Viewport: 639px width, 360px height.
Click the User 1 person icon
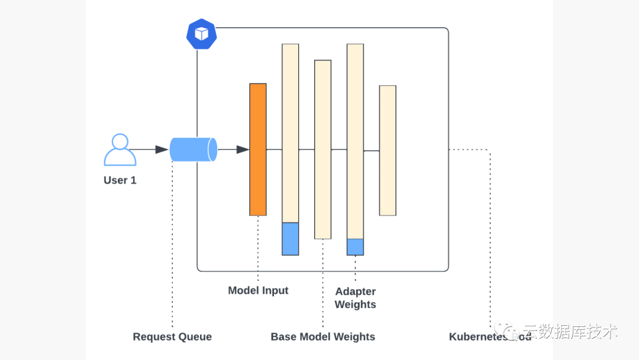pyautogui.click(x=120, y=150)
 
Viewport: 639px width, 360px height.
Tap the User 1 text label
pyautogui.click(x=120, y=180)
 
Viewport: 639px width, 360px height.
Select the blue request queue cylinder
pyautogui.click(x=193, y=149)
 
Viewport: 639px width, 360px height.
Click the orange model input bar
pyautogui.click(x=258, y=149)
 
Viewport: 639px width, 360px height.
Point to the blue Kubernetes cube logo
pyautogui.click(x=201, y=34)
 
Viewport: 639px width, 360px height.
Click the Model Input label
pyautogui.click(x=258, y=291)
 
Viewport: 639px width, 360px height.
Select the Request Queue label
pyautogui.click(x=172, y=337)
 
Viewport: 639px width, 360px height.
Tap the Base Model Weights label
pyautogui.click(x=323, y=337)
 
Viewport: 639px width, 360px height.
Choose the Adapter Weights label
pyautogui.click(x=355, y=298)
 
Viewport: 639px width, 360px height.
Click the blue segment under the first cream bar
pyautogui.click(x=291, y=239)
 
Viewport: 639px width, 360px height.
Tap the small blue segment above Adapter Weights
pyautogui.click(x=355, y=246)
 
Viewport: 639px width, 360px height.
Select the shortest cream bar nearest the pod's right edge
pyautogui.click(x=388, y=150)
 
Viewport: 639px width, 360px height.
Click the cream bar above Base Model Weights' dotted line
pyautogui.click(x=322, y=149)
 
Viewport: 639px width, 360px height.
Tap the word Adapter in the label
pyautogui.click(x=356, y=291)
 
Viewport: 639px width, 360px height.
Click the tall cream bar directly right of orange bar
pyautogui.click(x=291, y=133)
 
